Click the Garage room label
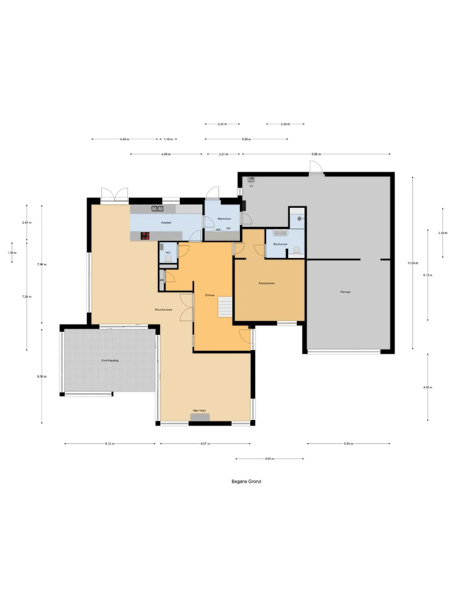(x=345, y=292)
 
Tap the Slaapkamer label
(x=267, y=283)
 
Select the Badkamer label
(x=281, y=244)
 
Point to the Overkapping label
(x=110, y=360)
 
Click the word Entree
(x=210, y=295)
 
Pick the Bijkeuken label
(x=224, y=219)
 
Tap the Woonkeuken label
(x=163, y=310)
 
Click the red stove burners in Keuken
(x=145, y=236)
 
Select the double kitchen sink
(x=157, y=208)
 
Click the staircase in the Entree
(x=225, y=307)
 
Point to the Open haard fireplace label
(x=199, y=411)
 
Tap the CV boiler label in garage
(x=252, y=186)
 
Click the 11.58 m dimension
(x=413, y=263)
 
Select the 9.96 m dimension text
(x=316, y=154)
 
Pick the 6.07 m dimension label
(x=205, y=444)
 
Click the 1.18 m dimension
(x=168, y=139)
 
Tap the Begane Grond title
(x=246, y=481)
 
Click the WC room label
(x=168, y=253)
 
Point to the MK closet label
(x=162, y=280)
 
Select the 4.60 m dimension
(x=270, y=459)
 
